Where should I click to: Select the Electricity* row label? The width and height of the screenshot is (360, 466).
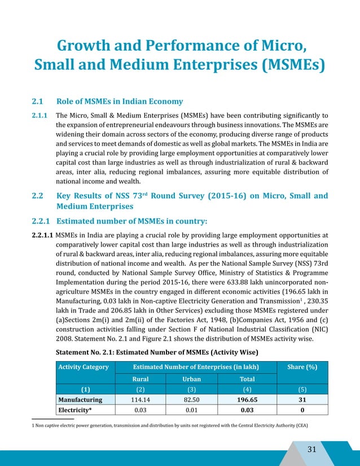[x=76, y=410]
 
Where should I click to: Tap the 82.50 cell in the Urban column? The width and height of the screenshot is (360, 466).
[x=191, y=399]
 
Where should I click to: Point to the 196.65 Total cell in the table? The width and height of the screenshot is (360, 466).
[x=247, y=399]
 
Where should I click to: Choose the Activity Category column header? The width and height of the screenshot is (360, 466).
[x=83, y=367]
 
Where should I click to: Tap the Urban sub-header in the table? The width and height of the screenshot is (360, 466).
[x=191, y=379]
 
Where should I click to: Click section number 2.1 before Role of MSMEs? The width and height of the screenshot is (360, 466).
[x=38, y=102]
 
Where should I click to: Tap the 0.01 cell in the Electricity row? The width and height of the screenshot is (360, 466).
[x=191, y=410]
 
